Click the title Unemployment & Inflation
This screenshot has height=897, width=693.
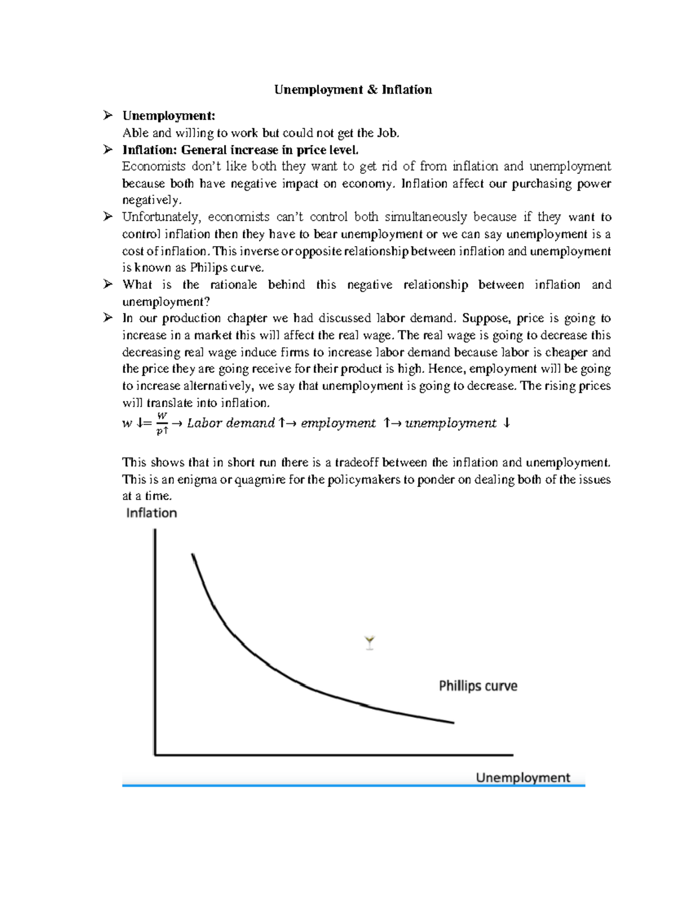[x=353, y=90]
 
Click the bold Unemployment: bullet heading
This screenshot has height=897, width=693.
[x=169, y=116]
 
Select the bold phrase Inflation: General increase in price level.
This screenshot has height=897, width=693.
[x=240, y=150]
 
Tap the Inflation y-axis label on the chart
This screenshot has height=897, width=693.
[x=151, y=513]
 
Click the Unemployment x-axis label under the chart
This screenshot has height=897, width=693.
[x=523, y=777]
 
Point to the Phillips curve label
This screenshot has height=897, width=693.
[x=478, y=686]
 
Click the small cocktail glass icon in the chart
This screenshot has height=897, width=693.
[x=370, y=643]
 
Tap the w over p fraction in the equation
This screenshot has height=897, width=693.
[x=162, y=423]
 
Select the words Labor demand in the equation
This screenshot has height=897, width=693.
[x=230, y=423]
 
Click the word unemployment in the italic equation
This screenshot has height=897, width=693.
[x=450, y=423]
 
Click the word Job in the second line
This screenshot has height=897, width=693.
[x=386, y=133]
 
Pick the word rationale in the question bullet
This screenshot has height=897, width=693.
[x=233, y=285]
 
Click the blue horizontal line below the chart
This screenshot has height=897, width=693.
[x=353, y=786]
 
